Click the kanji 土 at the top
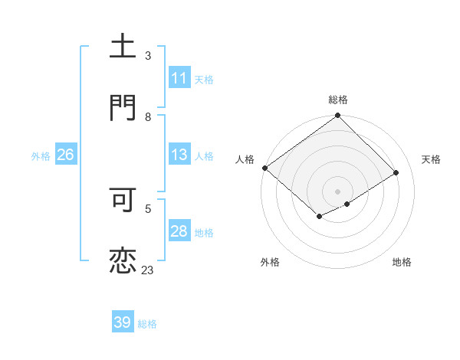click(123, 46)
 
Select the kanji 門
click(123, 107)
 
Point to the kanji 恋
click(123, 261)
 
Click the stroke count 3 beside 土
click(148, 56)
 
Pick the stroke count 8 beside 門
click(148, 117)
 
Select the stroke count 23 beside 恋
click(147, 270)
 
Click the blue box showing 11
click(179, 78)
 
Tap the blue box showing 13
click(179, 155)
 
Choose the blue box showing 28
click(179, 231)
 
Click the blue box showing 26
click(65, 155)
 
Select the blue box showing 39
click(123, 322)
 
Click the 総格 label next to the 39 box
click(147, 324)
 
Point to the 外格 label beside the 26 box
click(41, 156)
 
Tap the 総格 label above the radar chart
click(338, 100)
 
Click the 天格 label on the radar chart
click(431, 159)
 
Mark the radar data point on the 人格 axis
click(264, 168)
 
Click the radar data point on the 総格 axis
click(338, 116)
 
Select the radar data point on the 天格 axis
click(396, 173)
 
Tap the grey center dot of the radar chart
click(338, 191)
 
